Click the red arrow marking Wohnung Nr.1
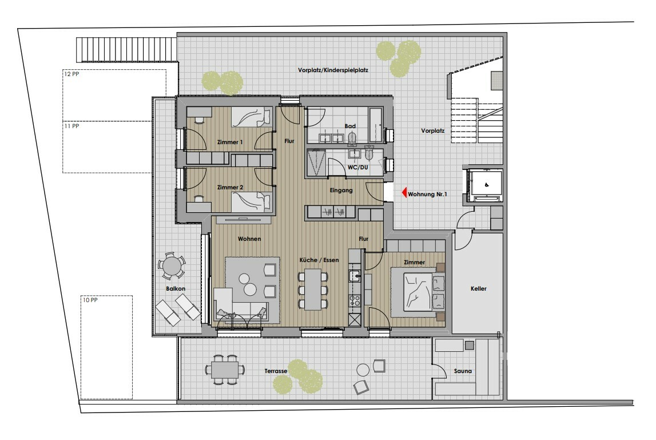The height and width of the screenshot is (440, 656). point(404,193)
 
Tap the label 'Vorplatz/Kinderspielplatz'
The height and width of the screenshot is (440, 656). point(333,70)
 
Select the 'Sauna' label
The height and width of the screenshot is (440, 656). point(463,371)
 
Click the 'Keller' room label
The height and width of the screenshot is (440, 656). point(479,288)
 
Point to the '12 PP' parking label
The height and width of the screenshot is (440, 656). point(71,74)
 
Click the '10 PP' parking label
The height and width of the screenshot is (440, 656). point(90,300)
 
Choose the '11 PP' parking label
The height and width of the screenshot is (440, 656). point(71,126)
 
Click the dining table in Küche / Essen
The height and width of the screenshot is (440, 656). point(313,289)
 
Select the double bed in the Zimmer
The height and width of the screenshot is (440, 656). point(419,291)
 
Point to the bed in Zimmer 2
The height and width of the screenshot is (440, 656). point(252,202)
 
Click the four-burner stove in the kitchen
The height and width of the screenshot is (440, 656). point(355,300)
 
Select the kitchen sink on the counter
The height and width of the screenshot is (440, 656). point(355,276)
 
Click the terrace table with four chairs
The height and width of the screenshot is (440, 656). point(225,369)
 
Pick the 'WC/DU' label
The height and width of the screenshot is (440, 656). point(357,168)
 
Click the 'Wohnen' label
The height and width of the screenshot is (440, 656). point(249,239)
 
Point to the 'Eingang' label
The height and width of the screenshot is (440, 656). point(341,191)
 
